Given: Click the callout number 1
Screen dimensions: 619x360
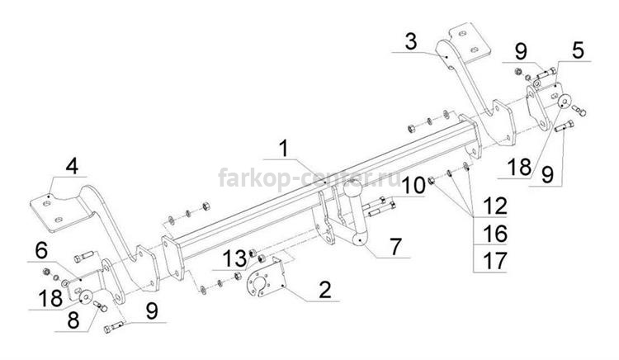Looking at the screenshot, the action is (284, 149).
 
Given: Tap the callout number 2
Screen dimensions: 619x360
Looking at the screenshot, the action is (325, 290).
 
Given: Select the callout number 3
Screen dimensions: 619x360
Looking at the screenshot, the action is (411, 42).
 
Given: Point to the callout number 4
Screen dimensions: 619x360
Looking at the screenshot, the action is (72, 166).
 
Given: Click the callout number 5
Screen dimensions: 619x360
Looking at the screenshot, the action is (578, 50).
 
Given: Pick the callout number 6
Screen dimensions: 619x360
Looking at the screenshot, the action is (41, 251).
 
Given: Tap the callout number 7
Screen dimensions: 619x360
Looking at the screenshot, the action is (395, 246).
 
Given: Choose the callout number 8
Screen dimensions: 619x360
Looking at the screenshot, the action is (73, 320).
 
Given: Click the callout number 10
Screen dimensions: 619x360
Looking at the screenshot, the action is (413, 186).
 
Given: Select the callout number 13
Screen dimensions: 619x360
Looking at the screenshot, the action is (235, 259).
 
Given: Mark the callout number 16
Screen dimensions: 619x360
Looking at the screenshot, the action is (494, 234).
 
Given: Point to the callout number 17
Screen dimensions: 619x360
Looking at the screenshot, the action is (494, 261).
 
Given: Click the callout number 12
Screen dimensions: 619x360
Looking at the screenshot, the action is (494, 206).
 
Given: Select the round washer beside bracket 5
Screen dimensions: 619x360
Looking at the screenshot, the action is (564, 101).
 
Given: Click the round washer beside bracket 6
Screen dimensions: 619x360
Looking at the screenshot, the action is (86, 296).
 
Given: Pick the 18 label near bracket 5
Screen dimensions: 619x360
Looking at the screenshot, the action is (519, 167).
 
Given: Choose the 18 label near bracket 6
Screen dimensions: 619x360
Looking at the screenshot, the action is (50, 298).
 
